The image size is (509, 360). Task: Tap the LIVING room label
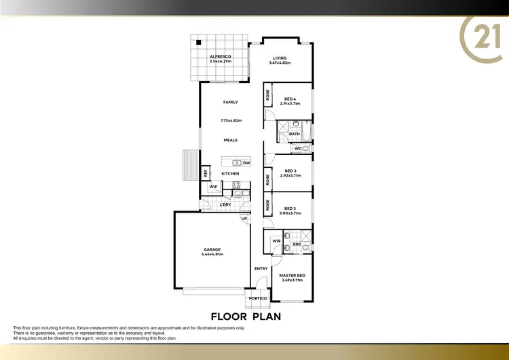click(281, 58)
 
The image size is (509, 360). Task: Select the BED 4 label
click(290, 99)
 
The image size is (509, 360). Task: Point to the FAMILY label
click(231, 102)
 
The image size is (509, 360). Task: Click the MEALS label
click(231, 140)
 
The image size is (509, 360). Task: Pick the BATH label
click(295, 134)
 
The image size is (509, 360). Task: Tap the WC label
click(298, 148)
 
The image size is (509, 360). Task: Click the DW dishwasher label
click(246, 163)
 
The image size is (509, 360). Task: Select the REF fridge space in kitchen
click(206, 173)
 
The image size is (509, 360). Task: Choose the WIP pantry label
click(213, 187)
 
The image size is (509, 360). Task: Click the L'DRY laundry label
click(225, 204)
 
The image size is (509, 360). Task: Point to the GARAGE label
click(212, 249)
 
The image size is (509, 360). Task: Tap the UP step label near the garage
click(243, 219)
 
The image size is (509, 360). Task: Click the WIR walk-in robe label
click(277, 240)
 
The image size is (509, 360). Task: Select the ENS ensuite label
click(297, 244)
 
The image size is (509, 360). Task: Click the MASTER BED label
click(293, 275)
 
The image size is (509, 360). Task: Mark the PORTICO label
click(258, 298)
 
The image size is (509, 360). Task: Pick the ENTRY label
click(261, 268)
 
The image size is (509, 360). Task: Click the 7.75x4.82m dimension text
click(231, 121)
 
